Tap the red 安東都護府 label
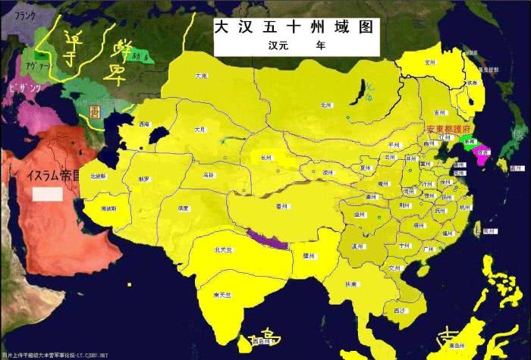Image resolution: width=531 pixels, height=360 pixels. (451, 130)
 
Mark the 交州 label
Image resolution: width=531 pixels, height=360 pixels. (393, 268)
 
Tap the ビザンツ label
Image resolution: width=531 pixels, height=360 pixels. (24, 89)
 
